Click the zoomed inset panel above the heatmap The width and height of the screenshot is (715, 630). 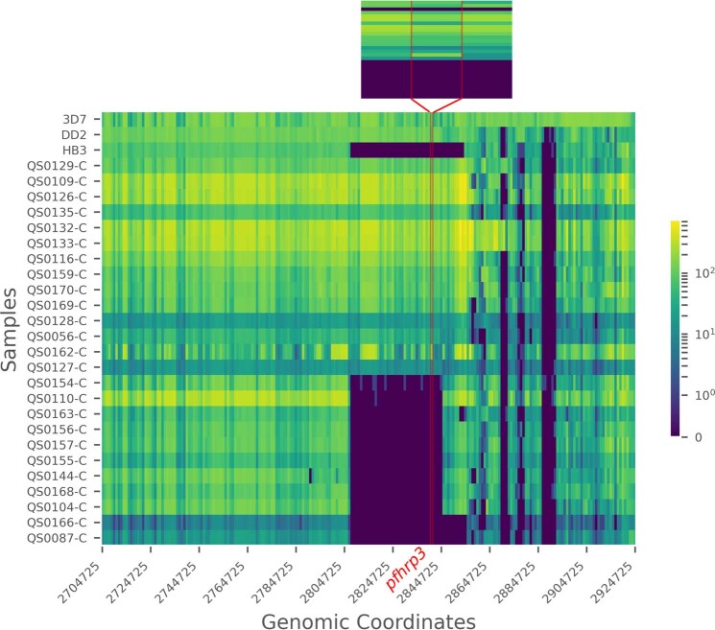point(436,49)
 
